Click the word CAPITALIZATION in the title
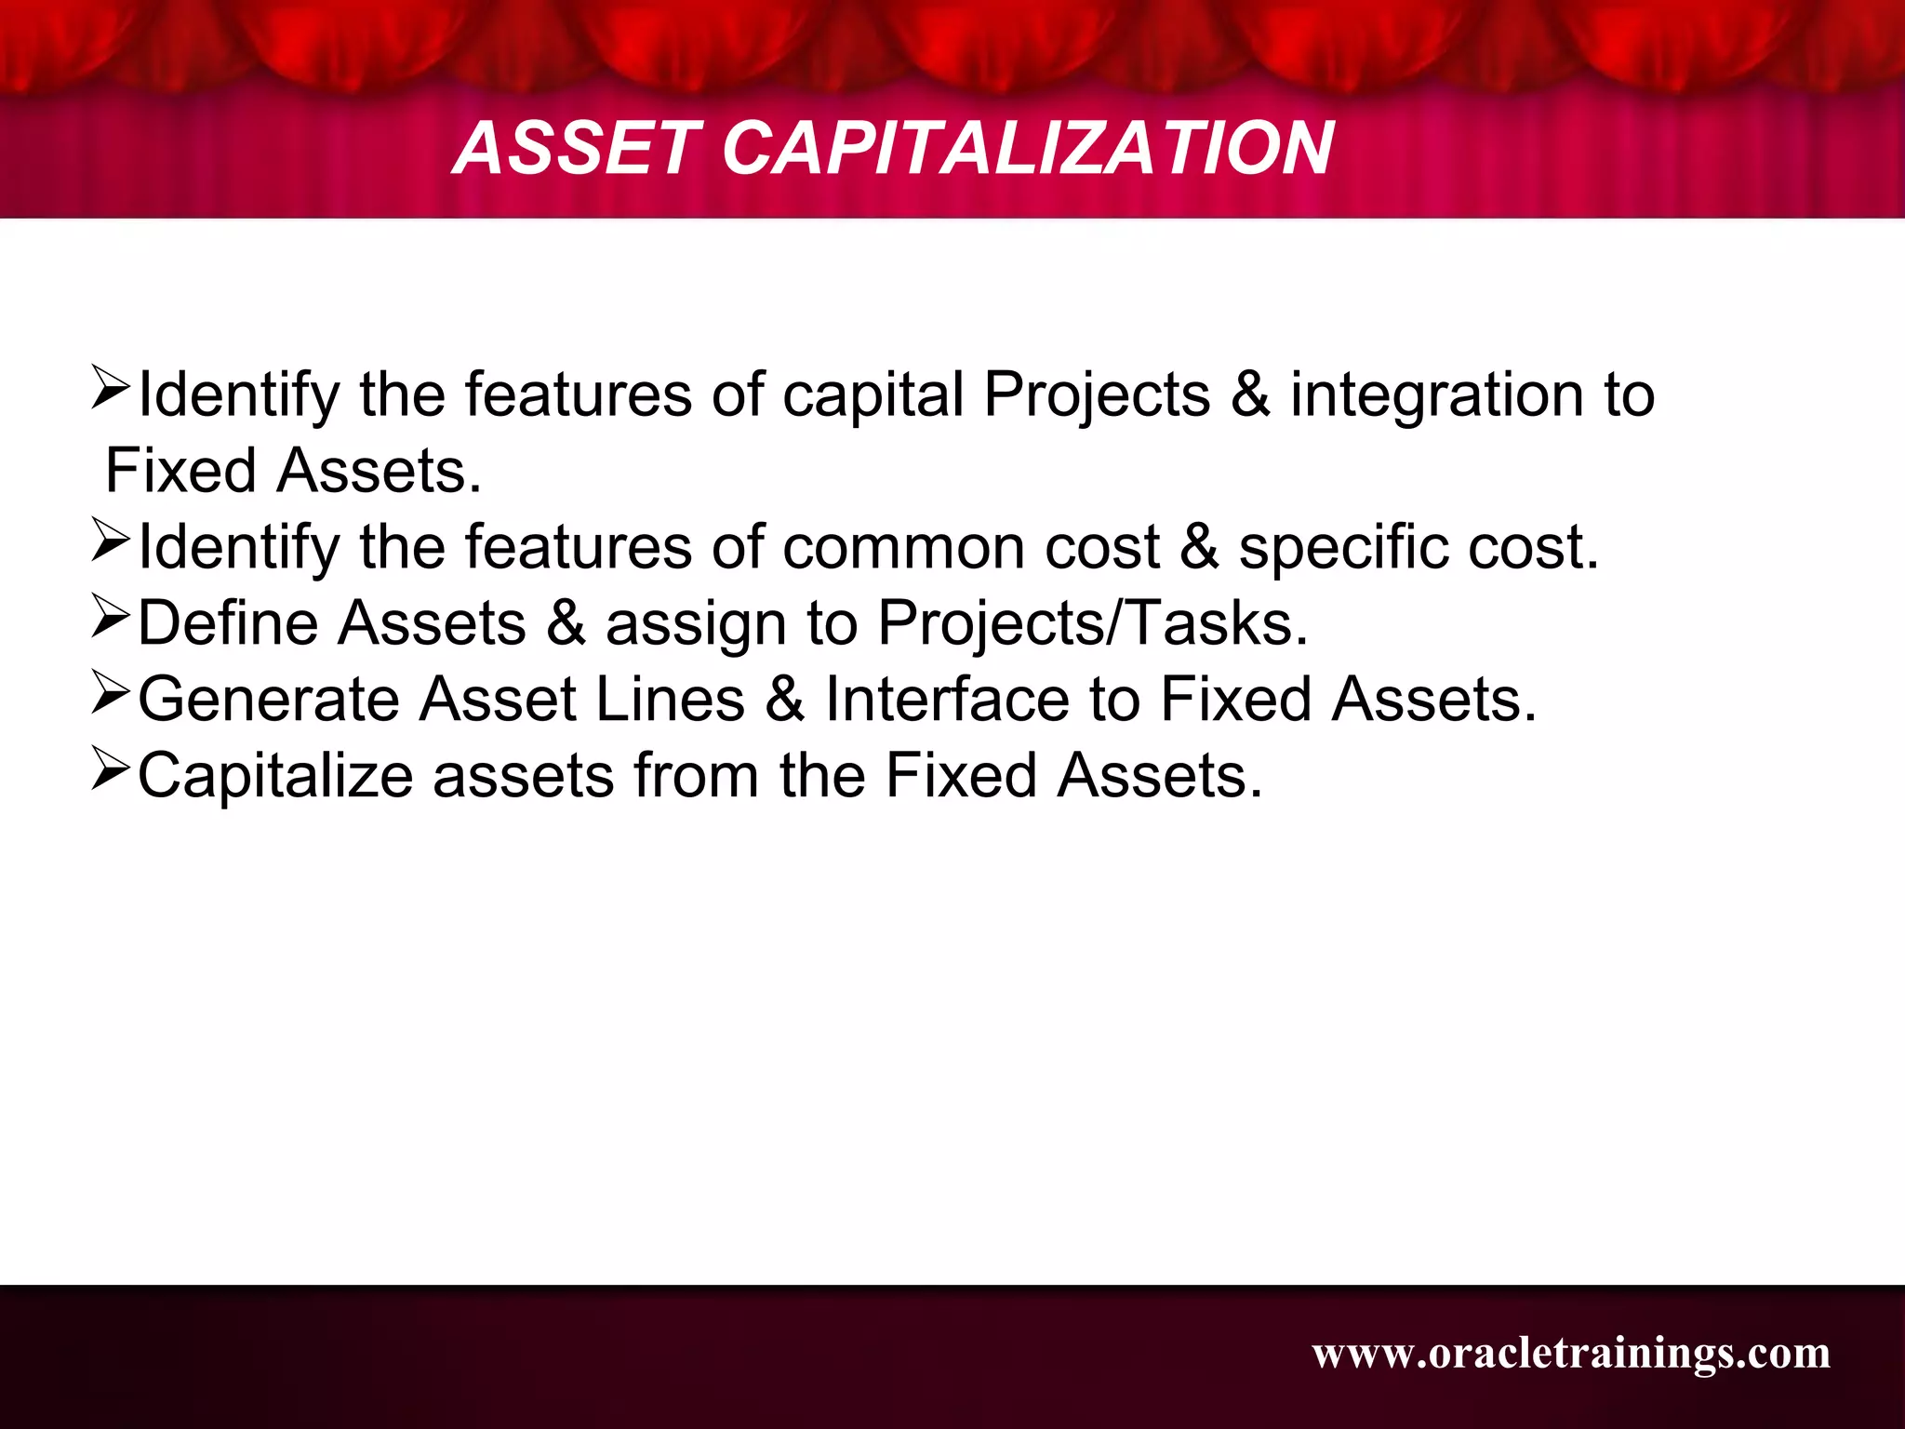(x=1028, y=149)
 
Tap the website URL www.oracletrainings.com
(x=1571, y=1353)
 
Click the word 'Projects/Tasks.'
(x=1093, y=623)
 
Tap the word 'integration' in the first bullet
(x=1437, y=395)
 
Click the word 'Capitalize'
(x=275, y=776)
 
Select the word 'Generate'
(x=269, y=700)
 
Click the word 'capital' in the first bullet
(x=873, y=395)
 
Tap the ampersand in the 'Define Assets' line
(x=566, y=623)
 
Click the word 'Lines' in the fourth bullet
(x=670, y=700)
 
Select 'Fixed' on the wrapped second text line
(x=180, y=472)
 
